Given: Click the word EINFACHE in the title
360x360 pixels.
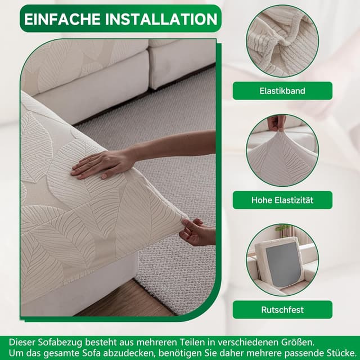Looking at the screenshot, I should (61, 19).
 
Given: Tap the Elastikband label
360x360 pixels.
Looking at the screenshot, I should (282, 90).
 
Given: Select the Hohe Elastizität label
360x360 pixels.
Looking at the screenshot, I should (282, 200).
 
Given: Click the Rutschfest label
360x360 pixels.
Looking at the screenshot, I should (282, 309).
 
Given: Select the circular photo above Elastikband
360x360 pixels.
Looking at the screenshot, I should (282, 40).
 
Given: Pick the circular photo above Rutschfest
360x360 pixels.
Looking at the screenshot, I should (282, 259).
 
